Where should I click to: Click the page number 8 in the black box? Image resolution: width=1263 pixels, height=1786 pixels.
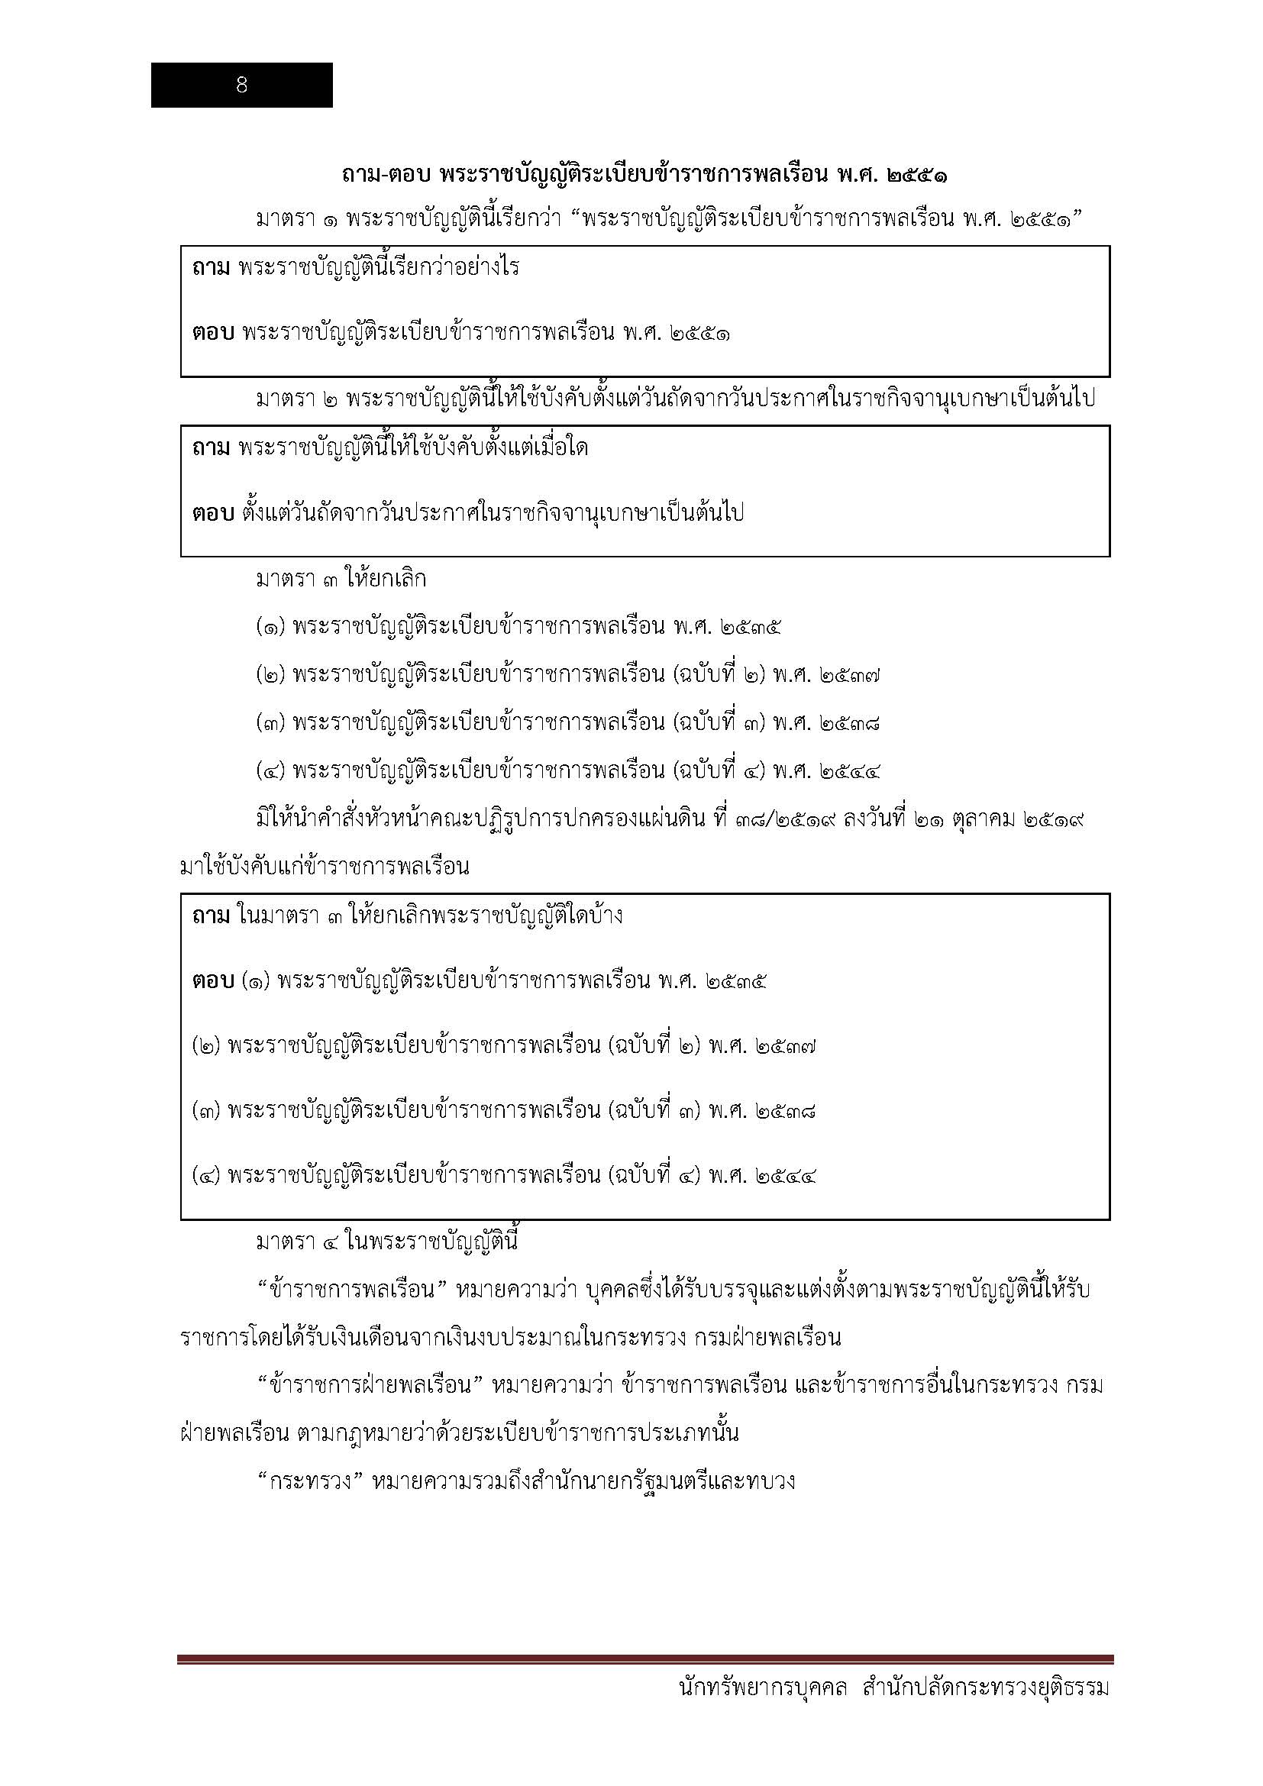coord(241,86)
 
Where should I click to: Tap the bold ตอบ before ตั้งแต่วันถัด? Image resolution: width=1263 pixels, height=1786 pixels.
coord(212,513)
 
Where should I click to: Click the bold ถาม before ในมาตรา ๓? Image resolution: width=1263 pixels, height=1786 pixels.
coord(211,916)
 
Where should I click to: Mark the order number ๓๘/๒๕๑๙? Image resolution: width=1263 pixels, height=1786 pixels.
coord(782,820)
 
